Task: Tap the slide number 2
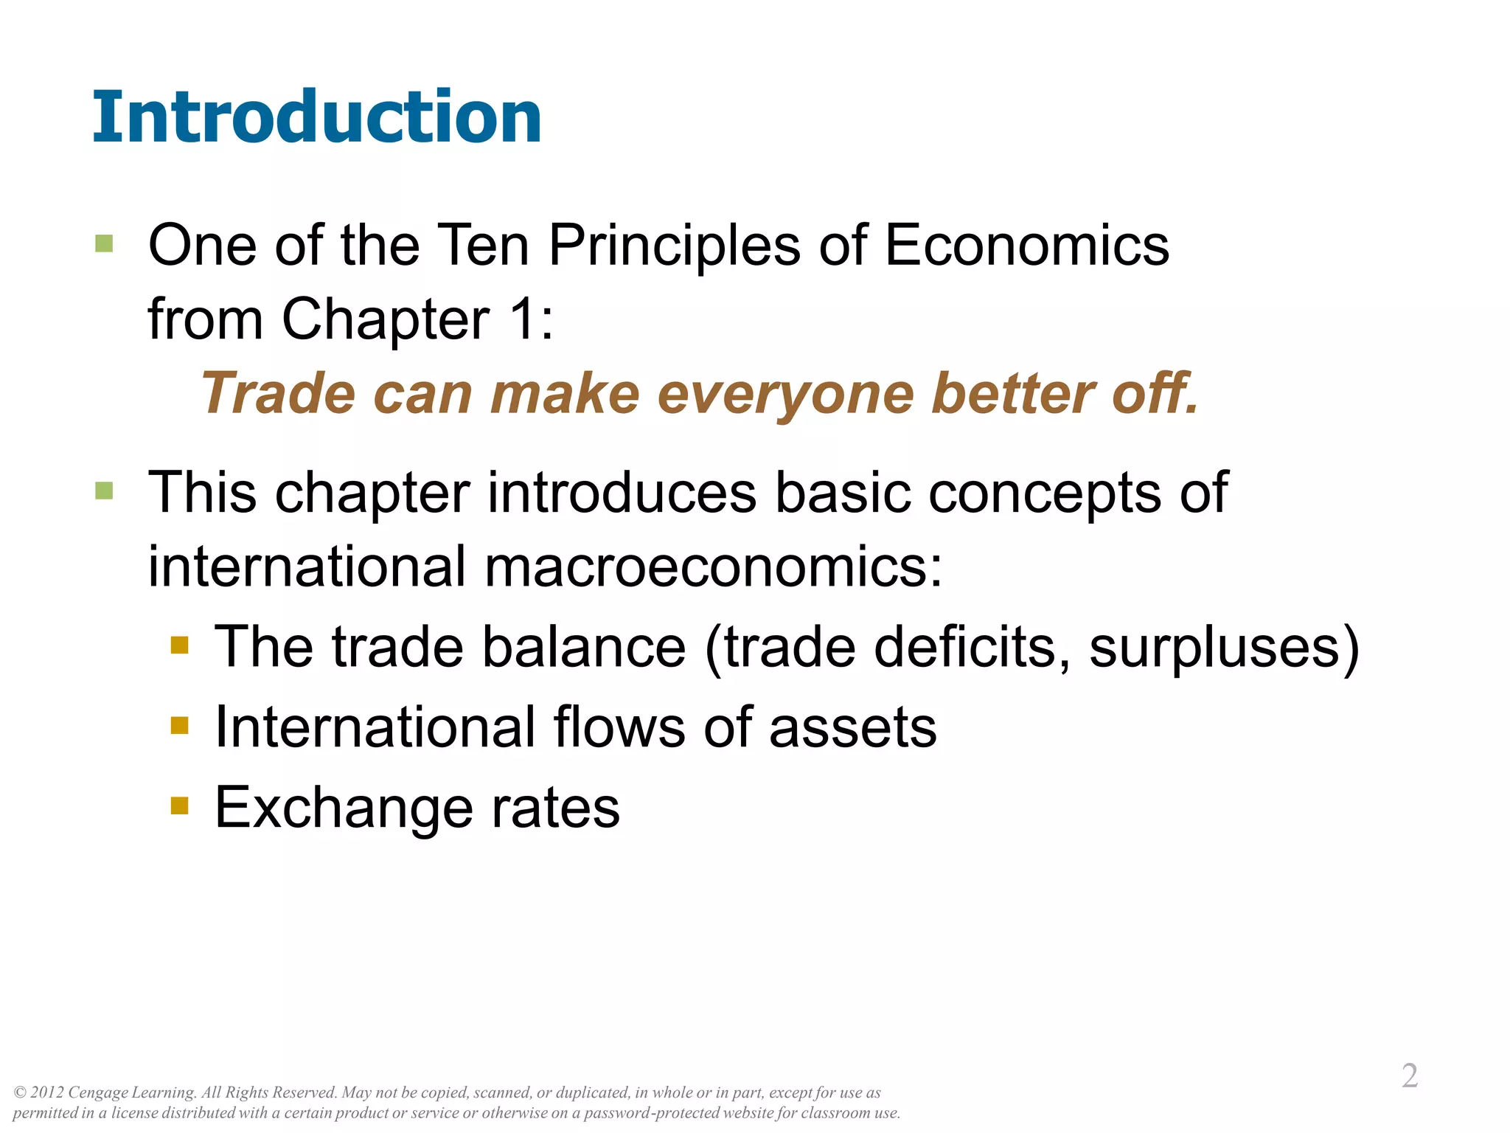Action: (1409, 1076)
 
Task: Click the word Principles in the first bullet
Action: (674, 246)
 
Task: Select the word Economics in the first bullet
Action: (1026, 245)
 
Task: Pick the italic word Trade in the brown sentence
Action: (278, 393)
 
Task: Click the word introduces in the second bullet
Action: (622, 492)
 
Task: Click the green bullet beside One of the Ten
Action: (104, 244)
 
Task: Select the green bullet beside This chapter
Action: (104, 491)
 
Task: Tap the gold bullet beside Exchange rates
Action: (179, 805)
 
